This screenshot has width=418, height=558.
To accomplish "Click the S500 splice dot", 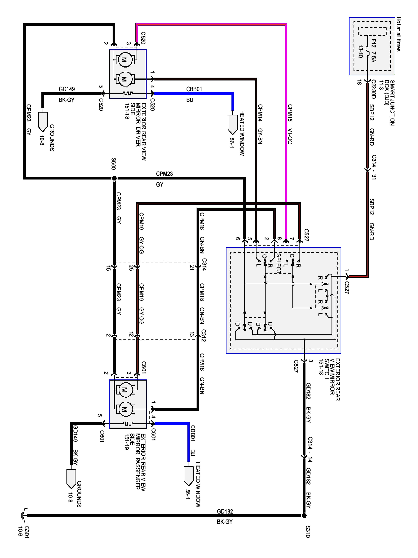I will pos(114,178).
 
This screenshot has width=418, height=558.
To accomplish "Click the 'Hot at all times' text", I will pos(398,34).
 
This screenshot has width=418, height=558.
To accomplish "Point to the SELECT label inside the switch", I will pos(278,264).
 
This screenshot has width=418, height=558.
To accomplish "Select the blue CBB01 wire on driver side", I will pos(194,94).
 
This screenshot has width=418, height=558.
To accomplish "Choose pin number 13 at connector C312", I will pos(192,335).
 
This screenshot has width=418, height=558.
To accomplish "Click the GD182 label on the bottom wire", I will pos(225,511).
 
